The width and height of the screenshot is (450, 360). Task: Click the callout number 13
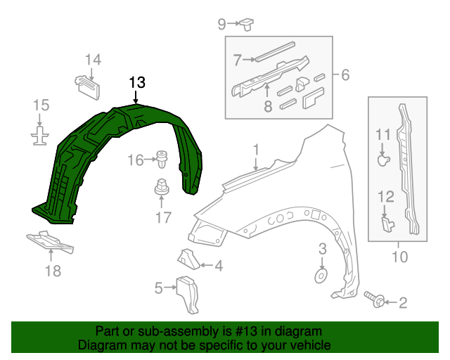(x=137, y=82)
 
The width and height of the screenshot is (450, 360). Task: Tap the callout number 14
(x=94, y=60)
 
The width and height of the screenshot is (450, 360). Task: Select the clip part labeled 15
(x=41, y=134)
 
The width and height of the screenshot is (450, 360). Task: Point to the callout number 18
(x=53, y=271)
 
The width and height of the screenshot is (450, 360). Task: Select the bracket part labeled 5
(x=188, y=292)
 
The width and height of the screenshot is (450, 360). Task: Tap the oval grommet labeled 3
(x=321, y=274)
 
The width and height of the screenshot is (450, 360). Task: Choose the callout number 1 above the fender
(x=257, y=149)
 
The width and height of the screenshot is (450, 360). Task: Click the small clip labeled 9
(x=247, y=25)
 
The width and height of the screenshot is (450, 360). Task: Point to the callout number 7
(x=237, y=59)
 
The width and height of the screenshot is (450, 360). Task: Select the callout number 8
(x=268, y=107)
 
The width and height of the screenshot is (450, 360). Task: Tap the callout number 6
(x=345, y=75)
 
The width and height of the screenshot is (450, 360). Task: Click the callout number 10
(x=399, y=257)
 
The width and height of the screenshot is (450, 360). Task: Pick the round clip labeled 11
(x=382, y=161)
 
